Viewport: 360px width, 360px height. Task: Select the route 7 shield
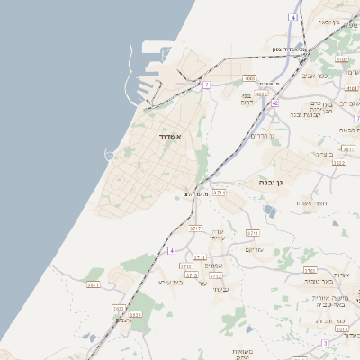tap(206, 85)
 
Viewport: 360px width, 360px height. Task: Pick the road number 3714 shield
tap(219, 193)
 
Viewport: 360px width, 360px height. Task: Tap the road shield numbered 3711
tap(254, 232)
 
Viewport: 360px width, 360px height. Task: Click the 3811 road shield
tap(93, 284)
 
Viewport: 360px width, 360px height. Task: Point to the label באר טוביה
tap(321, 283)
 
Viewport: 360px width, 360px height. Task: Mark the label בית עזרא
tap(170, 282)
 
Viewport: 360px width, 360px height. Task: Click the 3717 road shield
tap(194, 229)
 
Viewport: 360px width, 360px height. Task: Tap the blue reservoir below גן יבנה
tap(271, 212)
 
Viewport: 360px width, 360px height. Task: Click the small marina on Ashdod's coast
tap(110, 156)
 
